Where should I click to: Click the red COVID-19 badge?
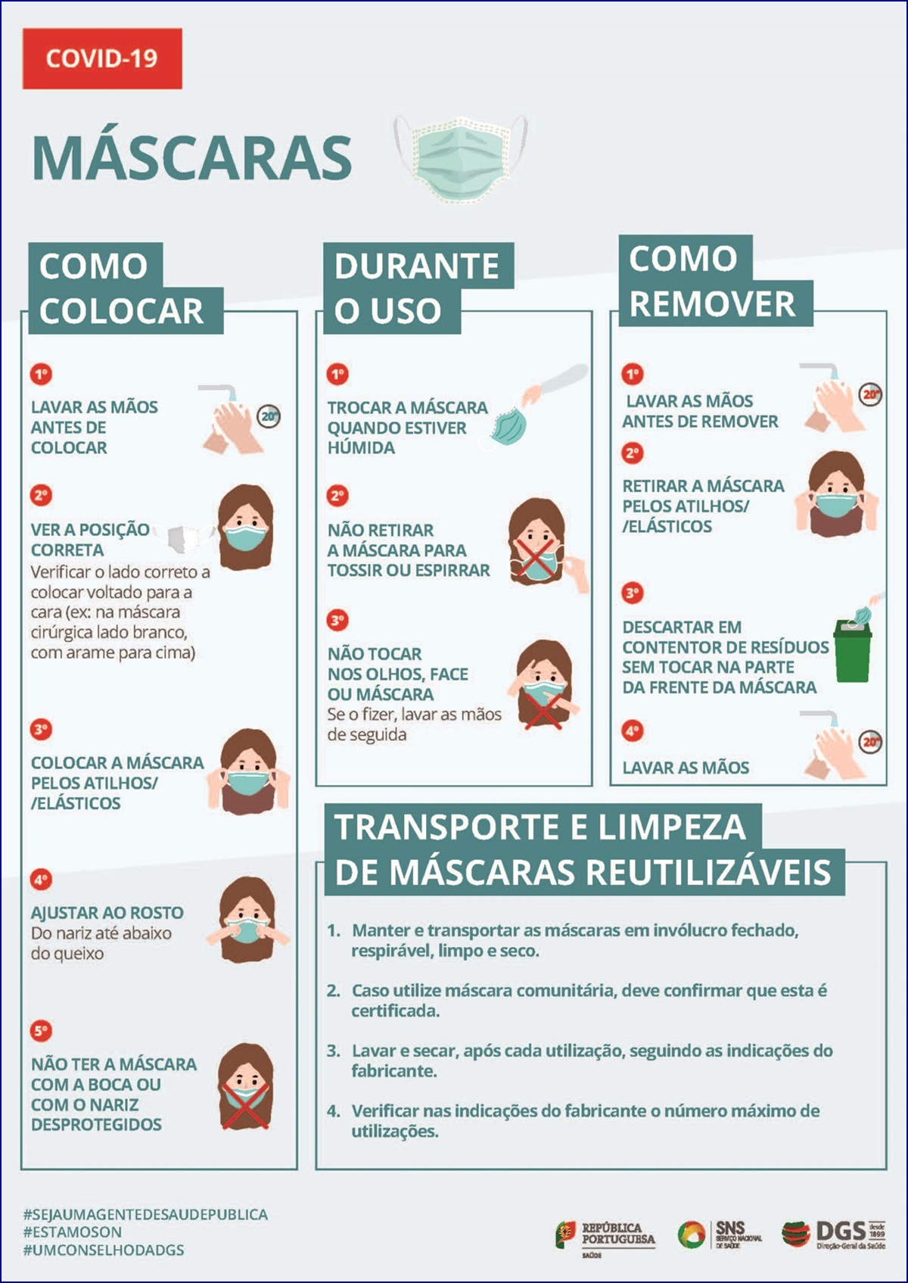click(x=102, y=58)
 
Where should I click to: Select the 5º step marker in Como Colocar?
click(x=41, y=1031)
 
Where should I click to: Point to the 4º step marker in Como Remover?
click(x=633, y=731)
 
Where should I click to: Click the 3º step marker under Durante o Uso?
click(x=337, y=621)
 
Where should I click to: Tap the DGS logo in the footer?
click(x=834, y=1233)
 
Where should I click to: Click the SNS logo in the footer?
click(x=720, y=1233)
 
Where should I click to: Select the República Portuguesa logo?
click(x=605, y=1236)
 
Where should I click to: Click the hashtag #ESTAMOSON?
click(x=72, y=1232)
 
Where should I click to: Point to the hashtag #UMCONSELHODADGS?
click(x=104, y=1250)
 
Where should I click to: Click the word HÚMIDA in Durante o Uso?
click(x=361, y=448)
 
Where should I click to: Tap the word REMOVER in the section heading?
click(x=712, y=304)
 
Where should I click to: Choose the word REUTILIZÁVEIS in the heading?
click(x=708, y=872)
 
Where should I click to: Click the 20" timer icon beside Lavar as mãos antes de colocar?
click(x=269, y=416)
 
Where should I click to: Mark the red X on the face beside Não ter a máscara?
click(x=246, y=1105)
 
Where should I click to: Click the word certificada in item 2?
click(x=395, y=1011)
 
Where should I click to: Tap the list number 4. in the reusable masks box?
click(x=334, y=1111)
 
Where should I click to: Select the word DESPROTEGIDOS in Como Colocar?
click(x=96, y=1124)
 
